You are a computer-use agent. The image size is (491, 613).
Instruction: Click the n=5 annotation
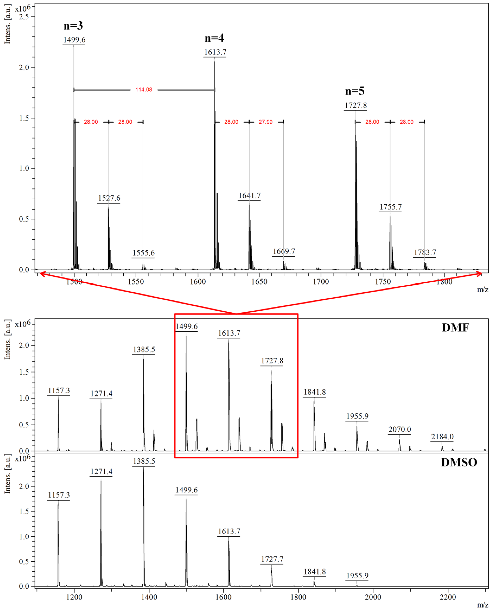coord(355,91)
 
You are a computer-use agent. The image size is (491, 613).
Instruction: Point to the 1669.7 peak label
coord(284,251)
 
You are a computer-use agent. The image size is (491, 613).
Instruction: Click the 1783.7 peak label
coord(425,252)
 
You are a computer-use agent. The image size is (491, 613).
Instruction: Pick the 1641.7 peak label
coord(249,196)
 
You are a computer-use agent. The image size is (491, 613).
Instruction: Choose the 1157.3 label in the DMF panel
coord(59,390)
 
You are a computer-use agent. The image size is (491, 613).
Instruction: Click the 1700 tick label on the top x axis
coord(321,282)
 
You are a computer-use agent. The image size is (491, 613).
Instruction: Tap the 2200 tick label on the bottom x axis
coord(448,597)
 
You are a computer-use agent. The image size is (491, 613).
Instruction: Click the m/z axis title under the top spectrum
coord(482,290)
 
